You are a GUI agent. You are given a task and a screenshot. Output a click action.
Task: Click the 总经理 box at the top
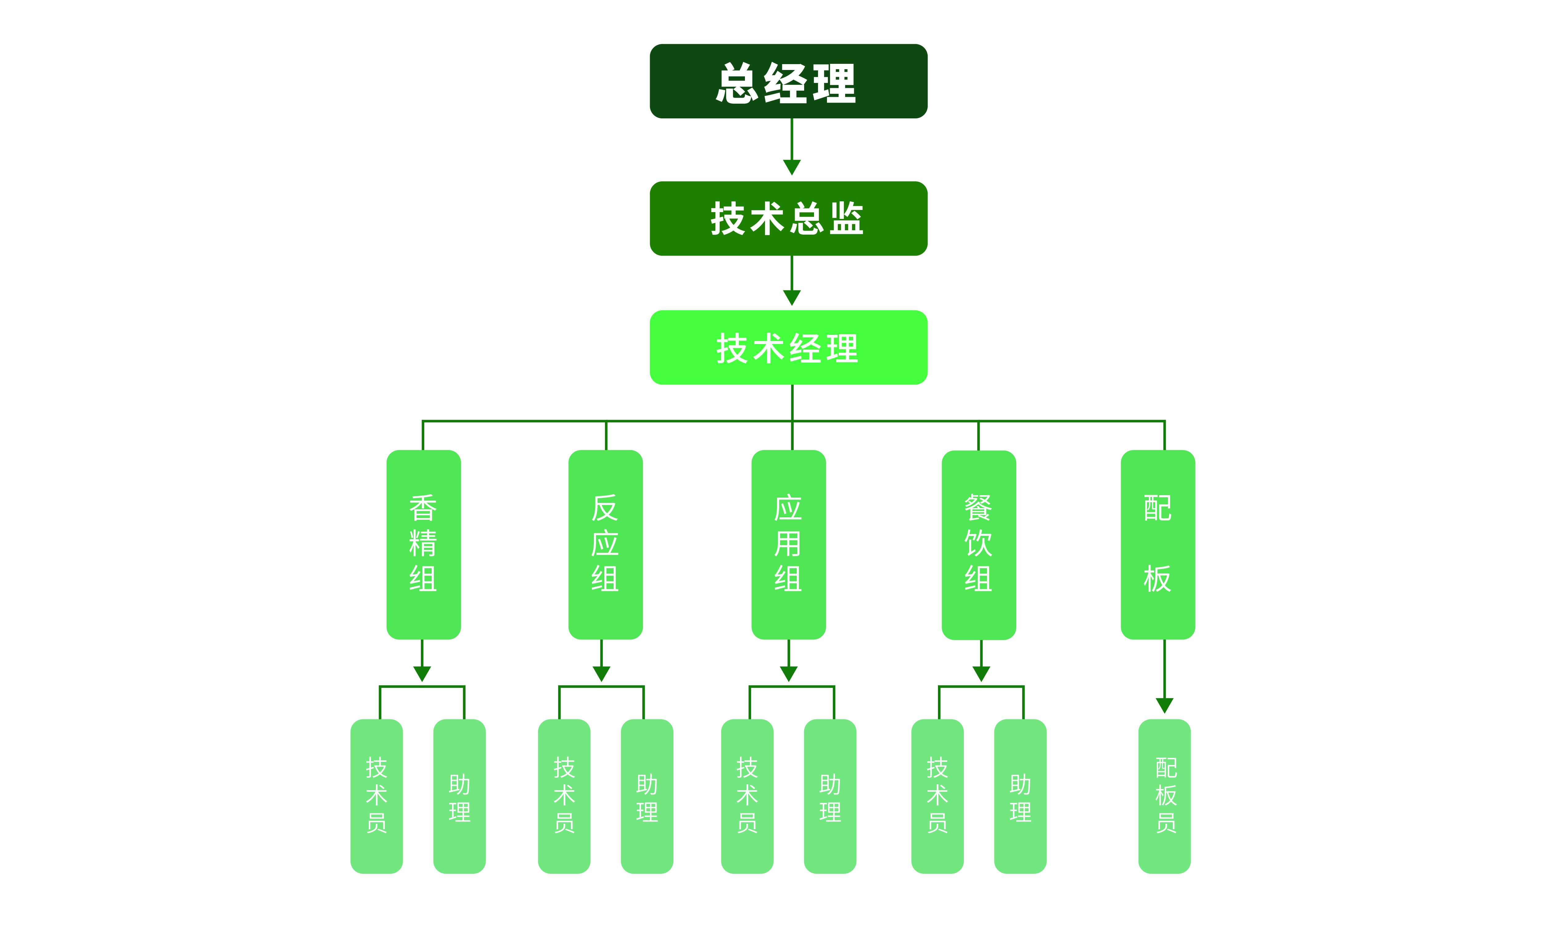pos(788,81)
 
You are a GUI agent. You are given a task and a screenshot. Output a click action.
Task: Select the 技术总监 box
pos(788,218)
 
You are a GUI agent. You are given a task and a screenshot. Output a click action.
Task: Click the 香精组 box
pos(423,544)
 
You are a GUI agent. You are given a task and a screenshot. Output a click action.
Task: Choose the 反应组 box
pos(605,544)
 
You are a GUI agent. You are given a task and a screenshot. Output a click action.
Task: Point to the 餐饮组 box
pos(979,544)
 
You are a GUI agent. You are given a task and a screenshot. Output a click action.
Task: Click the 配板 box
pos(1157,544)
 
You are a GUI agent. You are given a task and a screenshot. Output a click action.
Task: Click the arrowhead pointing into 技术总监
pos(792,167)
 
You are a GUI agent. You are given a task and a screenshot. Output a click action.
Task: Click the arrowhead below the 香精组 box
pos(422,673)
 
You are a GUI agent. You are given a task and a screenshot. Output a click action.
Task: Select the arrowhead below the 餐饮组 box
pos(981,673)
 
